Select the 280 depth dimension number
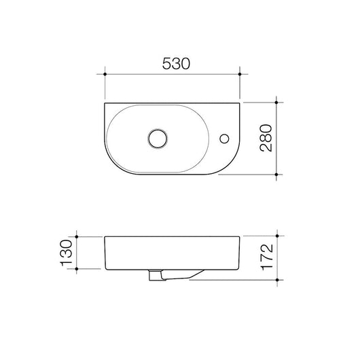(266, 138)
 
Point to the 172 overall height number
(266, 257)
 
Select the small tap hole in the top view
(223, 139)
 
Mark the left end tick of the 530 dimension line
(105, 73)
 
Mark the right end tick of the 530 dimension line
(241, 73)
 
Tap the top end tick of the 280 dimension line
(276, 103)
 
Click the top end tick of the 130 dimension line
(79, 236)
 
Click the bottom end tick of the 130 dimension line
(79, 270)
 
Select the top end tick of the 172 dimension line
(276, 236)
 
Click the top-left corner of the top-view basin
(106, 104)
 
